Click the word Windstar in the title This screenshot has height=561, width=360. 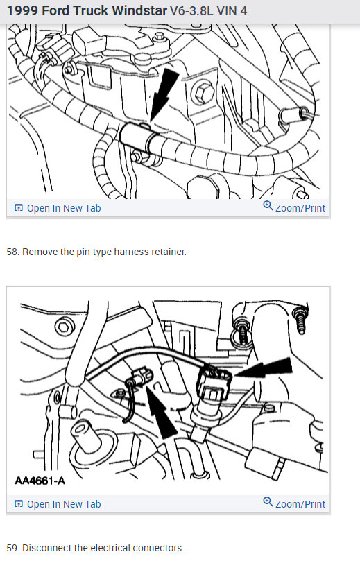139,10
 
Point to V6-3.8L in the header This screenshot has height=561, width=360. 191,10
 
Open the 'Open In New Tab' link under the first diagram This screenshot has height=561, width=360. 58,208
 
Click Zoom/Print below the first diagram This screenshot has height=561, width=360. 294,207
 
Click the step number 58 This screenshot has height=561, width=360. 13,252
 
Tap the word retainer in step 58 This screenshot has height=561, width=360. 169,252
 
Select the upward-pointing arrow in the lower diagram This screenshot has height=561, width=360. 160,412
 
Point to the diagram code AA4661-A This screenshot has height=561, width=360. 40,480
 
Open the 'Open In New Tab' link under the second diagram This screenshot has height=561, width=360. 58,504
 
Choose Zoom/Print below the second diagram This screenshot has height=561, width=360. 294,503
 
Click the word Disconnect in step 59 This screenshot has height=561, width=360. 47,548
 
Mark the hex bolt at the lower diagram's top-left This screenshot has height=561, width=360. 65,327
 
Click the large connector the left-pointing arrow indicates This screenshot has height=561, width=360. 213,386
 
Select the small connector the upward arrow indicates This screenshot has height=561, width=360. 142,377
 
